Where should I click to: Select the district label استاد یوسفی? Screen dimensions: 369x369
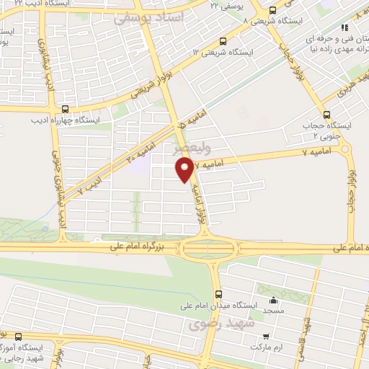point(148,16)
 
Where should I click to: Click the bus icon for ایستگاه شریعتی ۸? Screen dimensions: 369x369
point(272,11)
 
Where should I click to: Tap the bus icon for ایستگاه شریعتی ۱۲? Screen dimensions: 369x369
point(222,41)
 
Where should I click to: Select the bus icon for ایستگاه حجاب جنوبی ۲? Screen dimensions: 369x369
point(327,114)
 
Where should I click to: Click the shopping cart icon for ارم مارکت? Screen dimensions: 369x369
point(266,336)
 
